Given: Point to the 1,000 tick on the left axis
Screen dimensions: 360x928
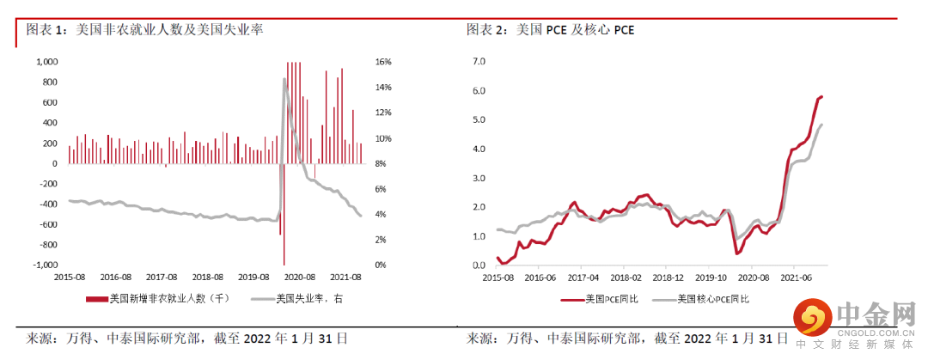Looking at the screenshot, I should point(46,62).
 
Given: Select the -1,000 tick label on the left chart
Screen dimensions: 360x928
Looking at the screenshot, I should point(45,265).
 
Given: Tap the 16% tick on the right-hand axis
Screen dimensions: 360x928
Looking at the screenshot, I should point(383,62).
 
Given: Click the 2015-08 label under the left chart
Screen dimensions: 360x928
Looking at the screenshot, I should point(70,278).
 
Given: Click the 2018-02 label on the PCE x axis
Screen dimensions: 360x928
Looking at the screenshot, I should point(626,278).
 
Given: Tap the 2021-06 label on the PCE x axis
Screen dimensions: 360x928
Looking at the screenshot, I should point(797,278).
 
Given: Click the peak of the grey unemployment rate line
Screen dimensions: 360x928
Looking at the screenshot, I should point(284,79).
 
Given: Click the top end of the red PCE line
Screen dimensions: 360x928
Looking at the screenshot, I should point(822,96).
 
